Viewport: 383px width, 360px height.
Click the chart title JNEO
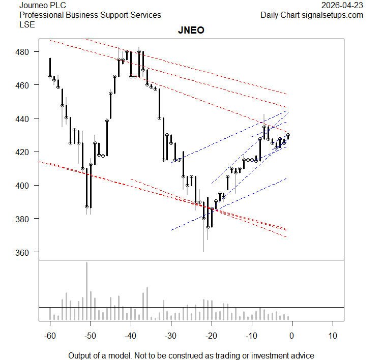pos(191,31)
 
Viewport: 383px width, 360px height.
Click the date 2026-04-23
pos(343,5)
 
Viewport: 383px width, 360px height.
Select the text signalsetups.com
pos(333,15)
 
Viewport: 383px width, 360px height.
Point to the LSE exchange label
pos(27,24)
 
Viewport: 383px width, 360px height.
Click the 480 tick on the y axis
pos(26,52)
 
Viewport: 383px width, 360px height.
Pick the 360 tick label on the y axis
pos(26,252)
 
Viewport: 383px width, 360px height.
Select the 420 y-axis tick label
pos(26,152)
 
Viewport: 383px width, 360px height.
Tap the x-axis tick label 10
pos(333,336)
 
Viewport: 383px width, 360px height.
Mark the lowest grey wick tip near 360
pos(203,251)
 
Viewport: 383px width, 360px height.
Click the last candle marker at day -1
pos(288,136)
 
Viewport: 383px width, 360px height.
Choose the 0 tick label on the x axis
pos(292,336)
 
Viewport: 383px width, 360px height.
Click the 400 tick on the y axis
pos(26,186)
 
